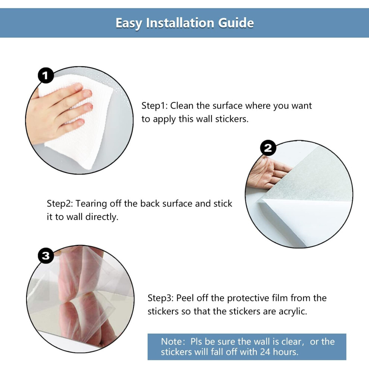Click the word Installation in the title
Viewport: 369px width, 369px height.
click(x=180, y=23)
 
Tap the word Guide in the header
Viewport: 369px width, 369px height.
click(x=236, y=23)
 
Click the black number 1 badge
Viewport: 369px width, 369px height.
click(x=45, y=76)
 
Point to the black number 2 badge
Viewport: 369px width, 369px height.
click(x=268, y=148)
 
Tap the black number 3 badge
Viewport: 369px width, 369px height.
click(x=45, y=256)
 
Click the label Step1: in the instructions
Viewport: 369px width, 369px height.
click(x=154, y=106)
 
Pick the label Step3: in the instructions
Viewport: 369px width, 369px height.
click(x=161, y=298)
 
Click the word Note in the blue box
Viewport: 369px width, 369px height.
click(x=171, y=342)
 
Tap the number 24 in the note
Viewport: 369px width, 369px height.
click(x=265, y=352)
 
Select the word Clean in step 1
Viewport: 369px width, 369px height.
click(x=182, y=106)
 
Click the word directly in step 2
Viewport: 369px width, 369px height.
click(x=102, y=217)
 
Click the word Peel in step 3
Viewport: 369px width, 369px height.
click(x=185, y=298)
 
